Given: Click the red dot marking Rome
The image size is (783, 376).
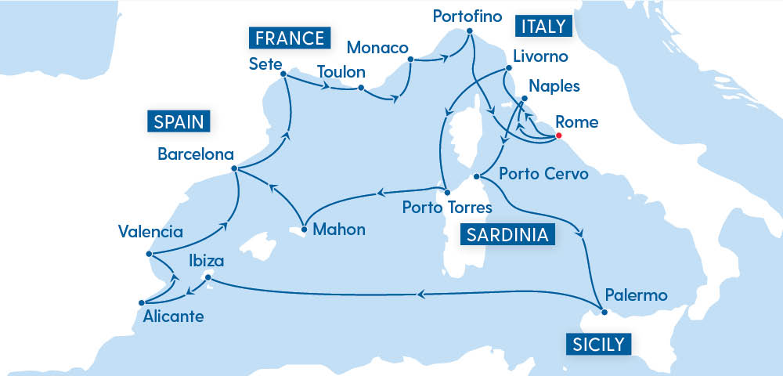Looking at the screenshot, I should point(557,136).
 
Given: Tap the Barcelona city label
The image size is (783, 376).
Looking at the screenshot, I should point(194,154).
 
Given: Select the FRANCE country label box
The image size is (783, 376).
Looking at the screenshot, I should point(287,38).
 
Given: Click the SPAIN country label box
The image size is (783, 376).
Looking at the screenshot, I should point(179,121).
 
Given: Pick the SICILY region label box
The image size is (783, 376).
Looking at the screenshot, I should point(597,344).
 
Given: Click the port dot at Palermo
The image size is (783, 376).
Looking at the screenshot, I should point(604,313).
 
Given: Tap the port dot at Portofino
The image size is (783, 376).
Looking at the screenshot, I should point(469,32).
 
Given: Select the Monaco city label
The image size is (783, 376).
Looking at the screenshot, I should point(377,47).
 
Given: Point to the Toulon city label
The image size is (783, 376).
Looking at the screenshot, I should point(341,72).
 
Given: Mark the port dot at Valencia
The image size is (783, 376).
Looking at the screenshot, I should point(149,254).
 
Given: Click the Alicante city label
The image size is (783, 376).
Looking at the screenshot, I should point(173,317).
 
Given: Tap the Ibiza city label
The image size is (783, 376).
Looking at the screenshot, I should point(206,261).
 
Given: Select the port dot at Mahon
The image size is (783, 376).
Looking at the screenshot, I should point(302,230).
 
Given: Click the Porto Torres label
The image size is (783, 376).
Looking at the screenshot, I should point(446,208).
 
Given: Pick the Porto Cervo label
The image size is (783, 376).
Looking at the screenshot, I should point(543,174).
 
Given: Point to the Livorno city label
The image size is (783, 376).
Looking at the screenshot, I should point(540,57).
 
